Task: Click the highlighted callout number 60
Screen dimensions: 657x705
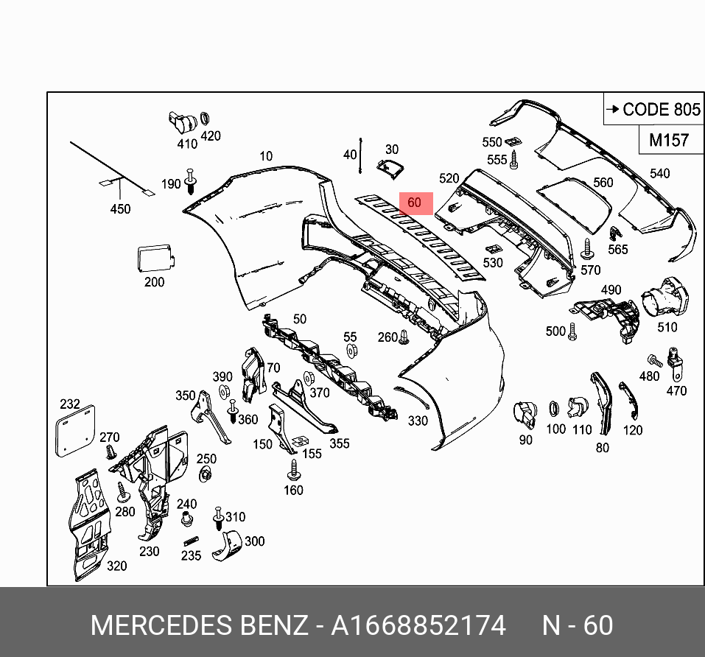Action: click(x=414, y=203)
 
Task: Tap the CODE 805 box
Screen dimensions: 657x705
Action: click(x=653, y=110)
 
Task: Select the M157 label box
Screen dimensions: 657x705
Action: click(x=668, y=140)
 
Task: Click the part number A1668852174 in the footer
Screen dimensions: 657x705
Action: click(x=418, y=625)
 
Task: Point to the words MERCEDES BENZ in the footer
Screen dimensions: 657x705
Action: click(x=199, y=625)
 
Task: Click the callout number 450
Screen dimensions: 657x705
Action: click(x=120, y=209)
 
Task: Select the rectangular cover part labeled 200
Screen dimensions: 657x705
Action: click(x=155, y=259)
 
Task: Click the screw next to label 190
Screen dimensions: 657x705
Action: click(x=192, y=180)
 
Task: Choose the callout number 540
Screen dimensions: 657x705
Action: click(x=659, y=174)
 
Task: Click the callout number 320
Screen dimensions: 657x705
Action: click(x=116, y=566)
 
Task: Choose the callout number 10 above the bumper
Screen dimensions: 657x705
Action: click(x=266, y=156)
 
